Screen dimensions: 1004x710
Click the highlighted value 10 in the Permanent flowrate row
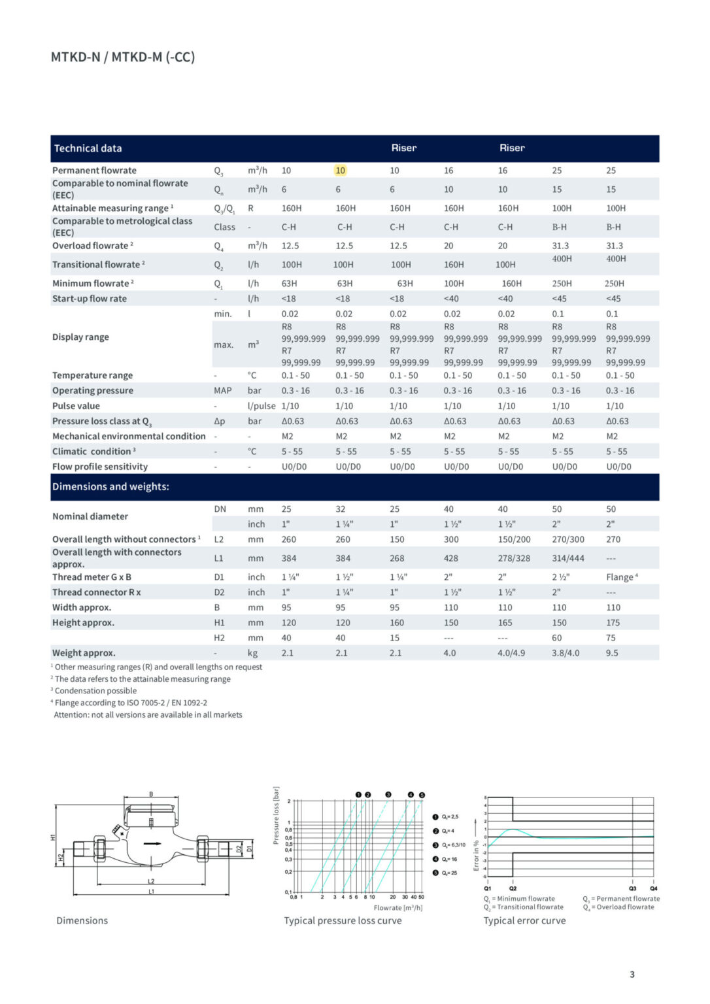coord(340,171)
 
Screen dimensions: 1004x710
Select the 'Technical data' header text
coord(88,148)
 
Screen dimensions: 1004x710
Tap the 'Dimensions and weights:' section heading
coord(110,487)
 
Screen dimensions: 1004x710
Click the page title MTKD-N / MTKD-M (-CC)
coord(123,57)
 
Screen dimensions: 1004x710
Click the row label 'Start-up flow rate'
coord(90,299)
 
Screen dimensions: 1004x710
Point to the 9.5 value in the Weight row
coord(611,653)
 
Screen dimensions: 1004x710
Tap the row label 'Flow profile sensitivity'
coord(100,467)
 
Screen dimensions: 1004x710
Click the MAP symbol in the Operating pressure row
coord(222,391)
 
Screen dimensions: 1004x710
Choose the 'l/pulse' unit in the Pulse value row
coord(262,406)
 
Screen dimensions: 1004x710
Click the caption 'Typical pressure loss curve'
coord(343,921)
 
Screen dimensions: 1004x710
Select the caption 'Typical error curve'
coord(524,921)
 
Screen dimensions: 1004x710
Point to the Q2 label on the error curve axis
coord(513,889)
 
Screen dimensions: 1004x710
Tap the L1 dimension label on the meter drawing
coord(151,892)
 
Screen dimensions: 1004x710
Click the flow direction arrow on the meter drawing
coord(152,843)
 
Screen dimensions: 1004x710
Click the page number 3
coord(632,975)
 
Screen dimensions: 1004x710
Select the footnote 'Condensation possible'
coord(95,691)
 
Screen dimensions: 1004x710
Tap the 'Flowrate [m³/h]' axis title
coord(397,908)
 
